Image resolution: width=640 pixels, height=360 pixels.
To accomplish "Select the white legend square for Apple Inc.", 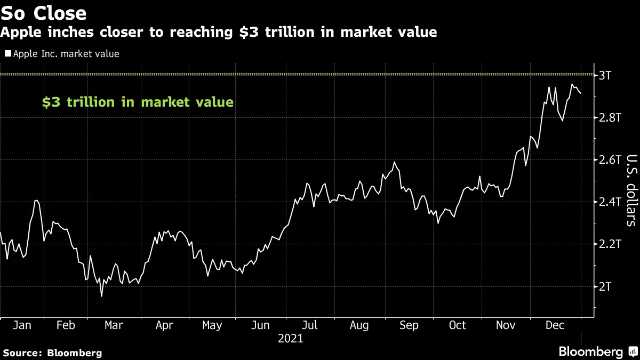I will (x=7, y=54).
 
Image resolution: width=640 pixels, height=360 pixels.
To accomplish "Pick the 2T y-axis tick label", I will (x=605, y=287).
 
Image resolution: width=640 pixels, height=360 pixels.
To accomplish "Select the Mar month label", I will (x=114, y=325).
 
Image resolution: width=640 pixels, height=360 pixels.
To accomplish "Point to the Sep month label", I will (x=409, y=325).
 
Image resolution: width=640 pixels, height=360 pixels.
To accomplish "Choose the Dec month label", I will (x=556, y=325).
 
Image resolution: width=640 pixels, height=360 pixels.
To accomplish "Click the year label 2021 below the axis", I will (x=290, y=339).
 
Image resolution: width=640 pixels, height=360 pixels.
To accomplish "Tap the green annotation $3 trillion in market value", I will (x=138, y=102).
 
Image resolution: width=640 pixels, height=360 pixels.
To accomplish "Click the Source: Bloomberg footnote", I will (x=52, y=353).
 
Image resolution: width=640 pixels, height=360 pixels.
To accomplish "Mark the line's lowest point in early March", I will (x=101, y=296).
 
